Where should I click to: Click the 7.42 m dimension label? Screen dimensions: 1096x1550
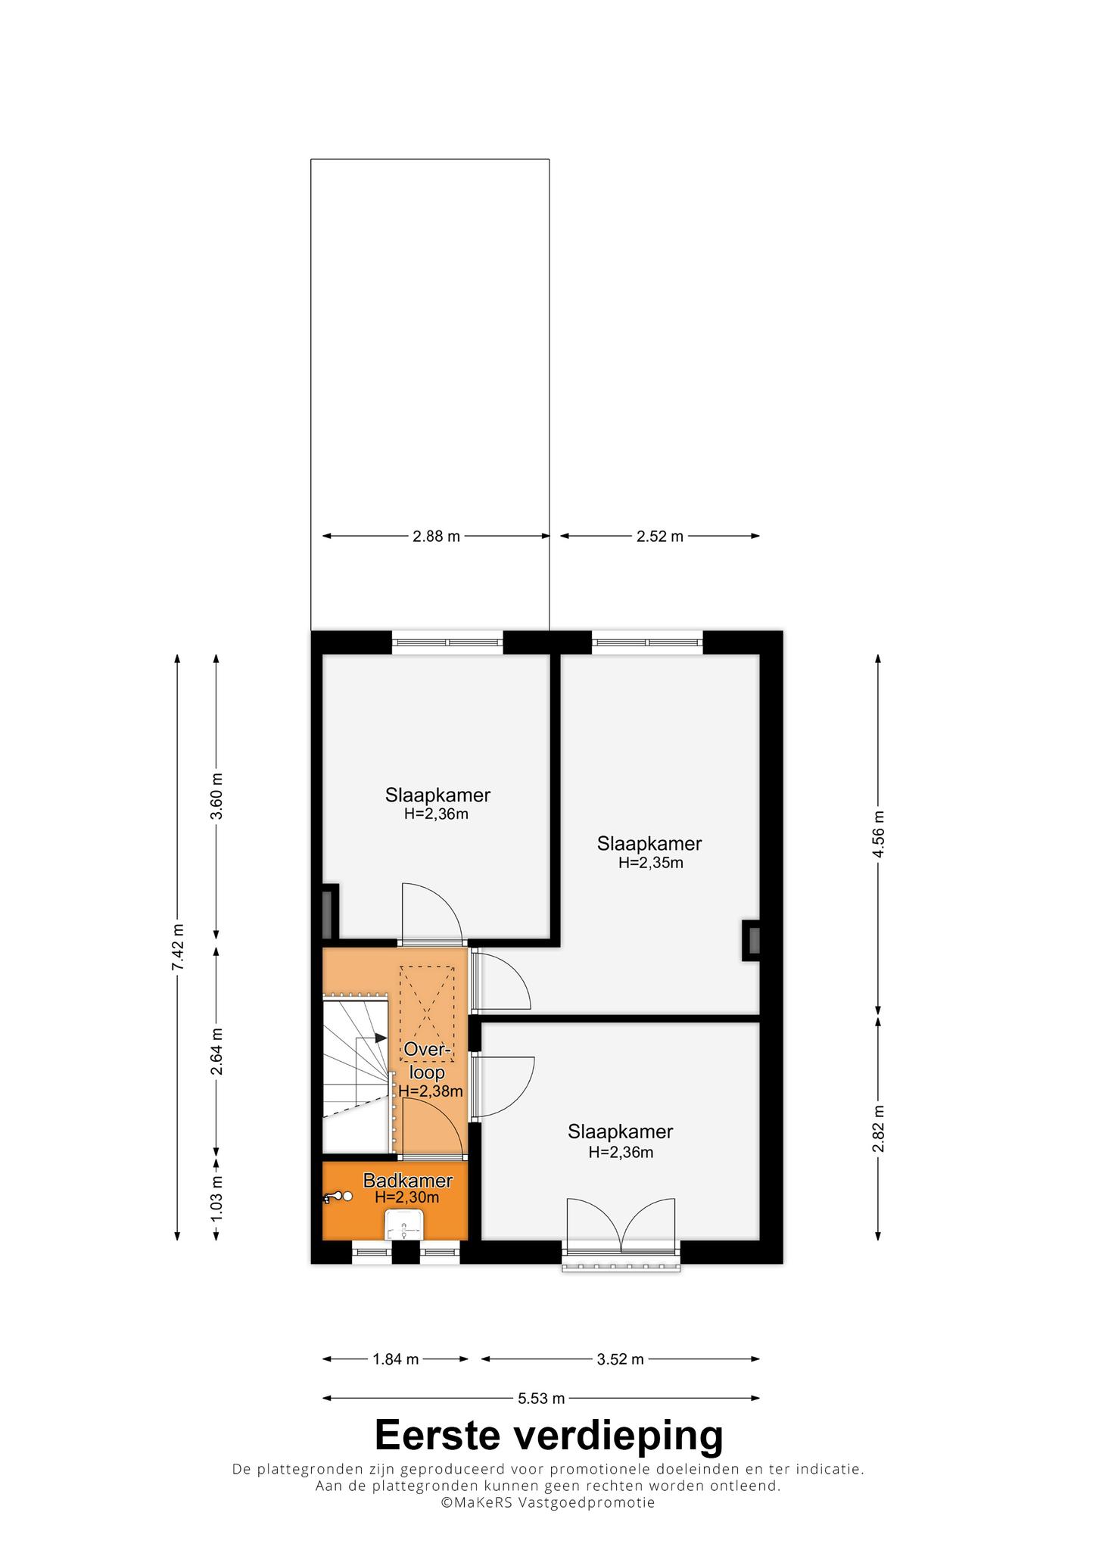[x=177, y=947]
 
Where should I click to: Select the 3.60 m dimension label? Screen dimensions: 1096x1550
[x=217, y=795]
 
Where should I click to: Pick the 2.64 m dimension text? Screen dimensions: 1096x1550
[x=217, y=1051]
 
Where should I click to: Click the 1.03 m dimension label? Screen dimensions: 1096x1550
[x=217, y=1197]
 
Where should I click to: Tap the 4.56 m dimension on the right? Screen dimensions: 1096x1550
[x=878, y=834]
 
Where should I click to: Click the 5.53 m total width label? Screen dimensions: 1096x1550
[x=541, y=1398]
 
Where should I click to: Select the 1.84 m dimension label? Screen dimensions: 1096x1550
[x=395, y=1359]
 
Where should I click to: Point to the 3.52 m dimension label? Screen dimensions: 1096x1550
[x=621, y=1359]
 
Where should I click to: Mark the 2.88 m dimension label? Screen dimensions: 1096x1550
[x=436, y=536]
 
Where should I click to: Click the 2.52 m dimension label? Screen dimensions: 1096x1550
[x=660, y=536]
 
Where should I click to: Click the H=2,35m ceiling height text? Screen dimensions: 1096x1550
[x=651, y=863]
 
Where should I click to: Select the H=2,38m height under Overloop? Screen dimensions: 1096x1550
[x=431, y=1091]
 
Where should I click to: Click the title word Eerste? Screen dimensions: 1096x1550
[x=444, y=1436]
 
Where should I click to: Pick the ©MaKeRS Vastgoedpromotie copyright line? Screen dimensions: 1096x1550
[x=548, y=1503]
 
